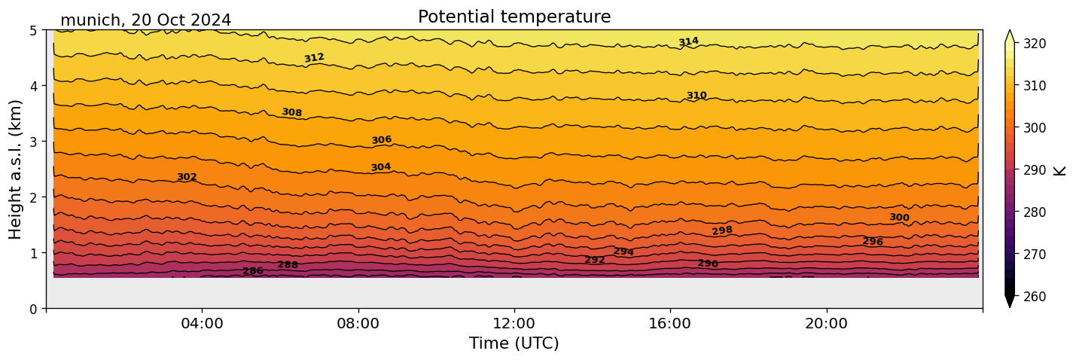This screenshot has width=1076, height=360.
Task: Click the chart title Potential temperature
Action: coord(514,17)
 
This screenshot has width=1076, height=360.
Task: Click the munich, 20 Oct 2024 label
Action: coord(145,20)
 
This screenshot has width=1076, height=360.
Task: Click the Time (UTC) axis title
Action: coord(514,343)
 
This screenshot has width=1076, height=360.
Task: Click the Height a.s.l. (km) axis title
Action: coord(16,169)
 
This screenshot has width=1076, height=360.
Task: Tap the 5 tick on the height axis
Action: coord(34,30)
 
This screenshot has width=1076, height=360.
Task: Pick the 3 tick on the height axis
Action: coord(34,142)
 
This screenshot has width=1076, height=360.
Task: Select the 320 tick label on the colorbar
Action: coord(1034,44)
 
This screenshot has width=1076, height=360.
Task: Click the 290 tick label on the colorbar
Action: coord(1034,170)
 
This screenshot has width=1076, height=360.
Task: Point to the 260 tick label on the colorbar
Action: coord(1034,297)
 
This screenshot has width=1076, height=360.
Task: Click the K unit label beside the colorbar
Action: coord(1060,170)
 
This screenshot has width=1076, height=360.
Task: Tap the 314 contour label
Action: coord(688,42)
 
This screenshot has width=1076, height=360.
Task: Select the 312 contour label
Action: coord(314,58)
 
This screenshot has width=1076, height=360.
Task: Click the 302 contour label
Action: coord(187,177)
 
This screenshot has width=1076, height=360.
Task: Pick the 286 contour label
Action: coord(253,271)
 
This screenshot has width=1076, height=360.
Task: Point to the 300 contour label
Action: coord(899,218)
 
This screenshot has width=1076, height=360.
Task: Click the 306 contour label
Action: coord(382,140)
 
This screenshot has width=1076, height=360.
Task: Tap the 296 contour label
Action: coord(873,242)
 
